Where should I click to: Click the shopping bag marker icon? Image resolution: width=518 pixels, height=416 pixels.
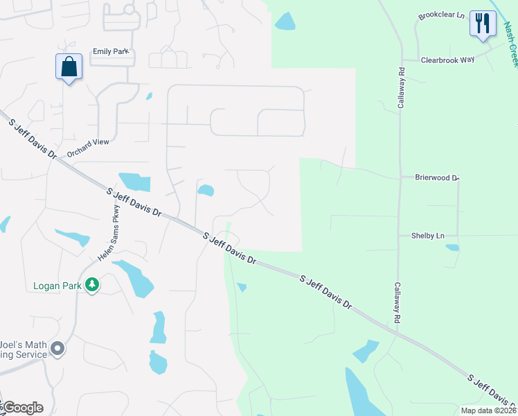69,67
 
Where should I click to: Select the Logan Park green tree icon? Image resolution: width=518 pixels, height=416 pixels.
91,285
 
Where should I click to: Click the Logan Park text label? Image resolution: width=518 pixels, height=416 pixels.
58,286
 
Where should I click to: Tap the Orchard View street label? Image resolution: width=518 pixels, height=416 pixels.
88,148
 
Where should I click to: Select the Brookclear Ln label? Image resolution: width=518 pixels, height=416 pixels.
441,15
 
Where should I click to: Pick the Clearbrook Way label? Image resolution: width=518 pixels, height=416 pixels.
448,60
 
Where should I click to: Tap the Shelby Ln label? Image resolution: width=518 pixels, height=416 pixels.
427,236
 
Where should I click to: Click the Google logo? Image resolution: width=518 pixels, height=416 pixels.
22,408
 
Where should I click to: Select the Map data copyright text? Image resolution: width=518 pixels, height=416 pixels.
488,410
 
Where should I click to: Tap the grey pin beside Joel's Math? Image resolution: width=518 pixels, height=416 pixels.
57,349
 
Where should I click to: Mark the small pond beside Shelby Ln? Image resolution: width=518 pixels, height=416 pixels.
452,248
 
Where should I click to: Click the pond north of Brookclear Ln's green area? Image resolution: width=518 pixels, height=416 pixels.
285,21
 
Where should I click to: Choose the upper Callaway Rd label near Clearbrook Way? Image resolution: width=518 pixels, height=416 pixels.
401,90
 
